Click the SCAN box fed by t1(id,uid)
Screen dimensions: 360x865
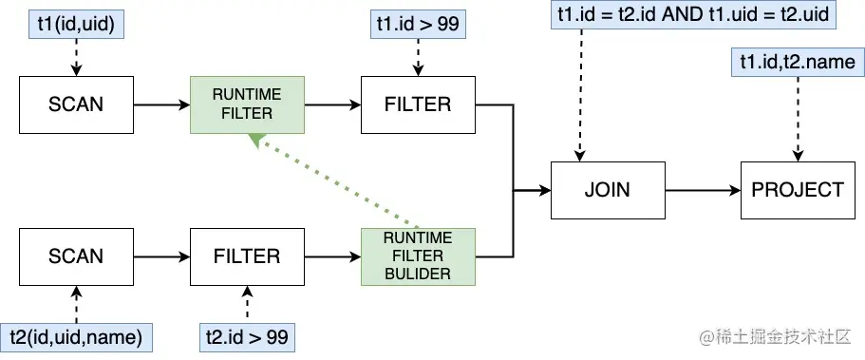76,104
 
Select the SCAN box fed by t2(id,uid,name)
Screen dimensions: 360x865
76,256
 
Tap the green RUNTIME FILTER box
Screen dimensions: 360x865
247,104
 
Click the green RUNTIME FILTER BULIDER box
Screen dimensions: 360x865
418,256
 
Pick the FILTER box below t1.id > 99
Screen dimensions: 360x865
418,104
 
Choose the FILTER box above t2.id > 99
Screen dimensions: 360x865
247,256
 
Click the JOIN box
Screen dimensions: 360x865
607,190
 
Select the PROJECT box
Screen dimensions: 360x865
797,190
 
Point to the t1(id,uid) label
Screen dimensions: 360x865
76,24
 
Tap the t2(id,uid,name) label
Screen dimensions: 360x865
76,335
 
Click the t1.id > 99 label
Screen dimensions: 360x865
418,24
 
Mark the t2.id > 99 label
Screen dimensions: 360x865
247,335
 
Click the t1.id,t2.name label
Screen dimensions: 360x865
798,62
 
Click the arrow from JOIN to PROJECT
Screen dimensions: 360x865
702,190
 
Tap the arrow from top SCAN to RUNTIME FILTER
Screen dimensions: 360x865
160,104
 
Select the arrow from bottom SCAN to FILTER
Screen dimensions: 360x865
160,256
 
